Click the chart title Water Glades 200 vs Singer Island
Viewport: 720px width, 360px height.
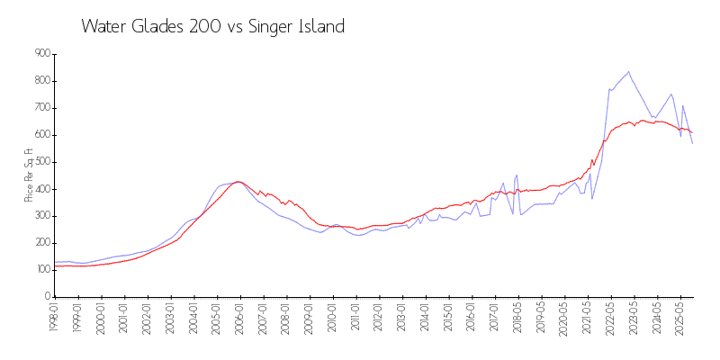tap(212, 26)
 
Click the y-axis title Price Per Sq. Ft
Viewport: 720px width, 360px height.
tap(30, 175)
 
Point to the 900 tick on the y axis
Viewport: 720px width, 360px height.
tap(41, 54)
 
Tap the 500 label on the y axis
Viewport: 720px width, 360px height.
tap(41, 162)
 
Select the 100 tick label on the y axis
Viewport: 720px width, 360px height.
tap(41, 270)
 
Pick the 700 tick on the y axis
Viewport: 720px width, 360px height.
tap(41, 108)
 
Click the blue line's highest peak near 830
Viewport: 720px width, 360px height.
tap(628, 71)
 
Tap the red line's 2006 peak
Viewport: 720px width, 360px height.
tap(238, 182)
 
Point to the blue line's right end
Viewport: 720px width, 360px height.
tap(692, 143)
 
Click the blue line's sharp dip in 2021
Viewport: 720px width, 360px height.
tap(591, 198)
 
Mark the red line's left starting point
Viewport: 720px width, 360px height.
tap(54, 265)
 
